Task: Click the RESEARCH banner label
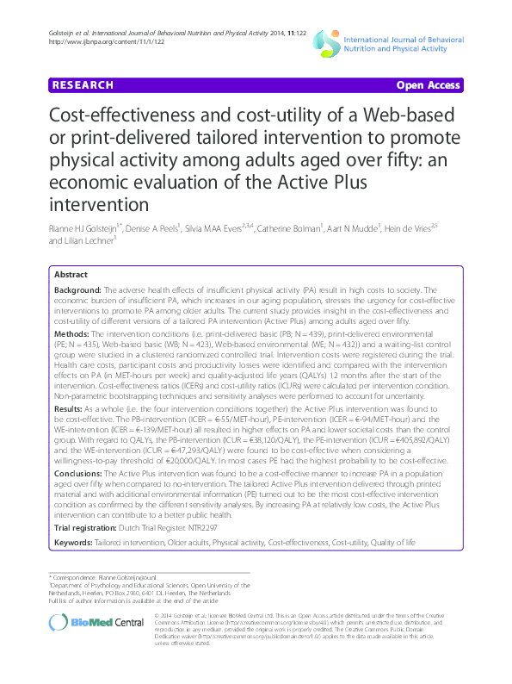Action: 83,85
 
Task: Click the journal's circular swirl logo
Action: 324,40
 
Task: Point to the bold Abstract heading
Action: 71,273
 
